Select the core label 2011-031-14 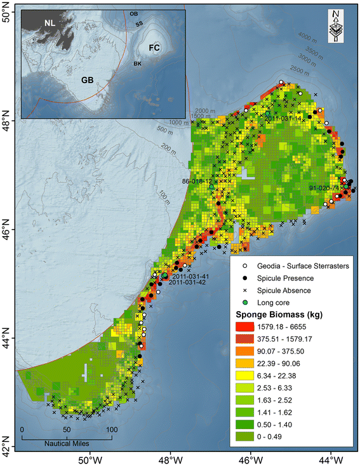point(282,119)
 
